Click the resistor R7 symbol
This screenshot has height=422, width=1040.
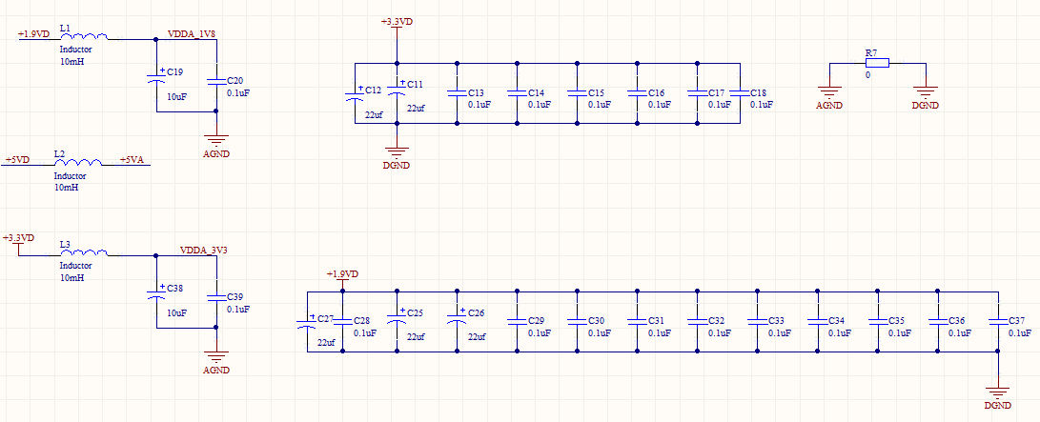tap(877, 63)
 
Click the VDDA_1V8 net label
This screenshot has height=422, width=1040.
tap(191, 33)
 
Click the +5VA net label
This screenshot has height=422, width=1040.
tap(132, 160)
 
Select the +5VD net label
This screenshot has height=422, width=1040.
tap(17, 160)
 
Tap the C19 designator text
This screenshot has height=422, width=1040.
tap(175, 71)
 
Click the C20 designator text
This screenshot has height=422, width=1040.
tap(235, 81)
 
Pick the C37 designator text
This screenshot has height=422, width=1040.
tap(1017, 321)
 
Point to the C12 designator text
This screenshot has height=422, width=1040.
tap(374, 90)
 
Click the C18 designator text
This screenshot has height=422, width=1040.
tap(758, 92)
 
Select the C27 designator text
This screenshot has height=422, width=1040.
tap(325, 319)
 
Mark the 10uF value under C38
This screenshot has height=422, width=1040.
tap(176, 312)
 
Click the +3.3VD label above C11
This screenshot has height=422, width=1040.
tap(397, 22)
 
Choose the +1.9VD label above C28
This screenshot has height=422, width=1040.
tap(342, 274)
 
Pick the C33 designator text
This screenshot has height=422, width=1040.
tap(777, 321)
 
